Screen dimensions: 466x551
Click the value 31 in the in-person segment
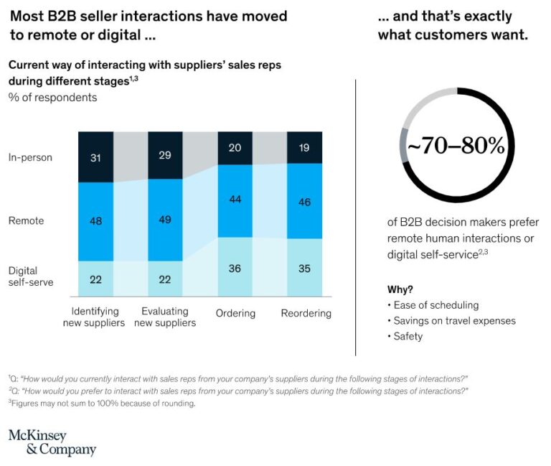tap(95, 157)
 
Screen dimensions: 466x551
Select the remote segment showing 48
tap(95, 221)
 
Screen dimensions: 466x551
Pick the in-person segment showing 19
tap(304, 148)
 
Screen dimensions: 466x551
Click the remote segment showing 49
tap(165, 220)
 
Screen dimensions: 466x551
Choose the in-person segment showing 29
tap(165, 155)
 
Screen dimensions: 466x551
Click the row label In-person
tap(30, 157)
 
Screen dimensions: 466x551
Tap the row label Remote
tap(26, 220)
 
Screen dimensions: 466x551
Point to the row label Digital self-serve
tap(27, 276)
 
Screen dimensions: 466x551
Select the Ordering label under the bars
tap(235, 313)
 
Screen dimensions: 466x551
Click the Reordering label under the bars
tap(305, 313)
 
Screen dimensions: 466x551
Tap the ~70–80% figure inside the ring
tap(456, 146)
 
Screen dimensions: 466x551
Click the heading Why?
tap(400, 289)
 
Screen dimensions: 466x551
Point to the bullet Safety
tap(406, 336)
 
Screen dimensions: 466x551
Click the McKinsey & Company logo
tap(52, 442)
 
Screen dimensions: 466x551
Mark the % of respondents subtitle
tap(52, 97)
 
